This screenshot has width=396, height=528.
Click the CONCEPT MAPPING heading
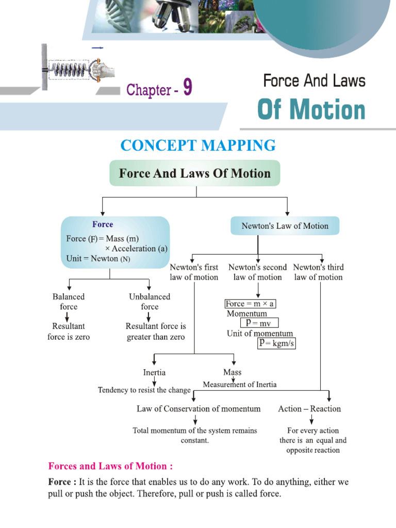198,145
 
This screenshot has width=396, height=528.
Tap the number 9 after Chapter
187,89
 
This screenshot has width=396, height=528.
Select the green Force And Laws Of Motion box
194,173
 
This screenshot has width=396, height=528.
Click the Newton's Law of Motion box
285,226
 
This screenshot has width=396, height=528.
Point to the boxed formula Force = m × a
250,304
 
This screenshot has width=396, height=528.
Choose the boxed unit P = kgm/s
277,343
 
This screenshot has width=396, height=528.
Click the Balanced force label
69,302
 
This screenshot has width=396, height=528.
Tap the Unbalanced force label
150,302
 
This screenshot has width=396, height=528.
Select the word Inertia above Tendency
154,372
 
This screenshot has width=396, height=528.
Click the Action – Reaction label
309,409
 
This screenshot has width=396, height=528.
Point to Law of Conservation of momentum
199,409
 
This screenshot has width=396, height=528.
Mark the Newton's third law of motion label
318,272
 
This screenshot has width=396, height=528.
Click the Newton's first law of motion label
194,272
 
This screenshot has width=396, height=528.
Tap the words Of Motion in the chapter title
311,110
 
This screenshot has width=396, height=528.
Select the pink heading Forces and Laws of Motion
110,466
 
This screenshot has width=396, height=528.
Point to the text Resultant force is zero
69,331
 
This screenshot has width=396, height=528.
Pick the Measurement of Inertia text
239,385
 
